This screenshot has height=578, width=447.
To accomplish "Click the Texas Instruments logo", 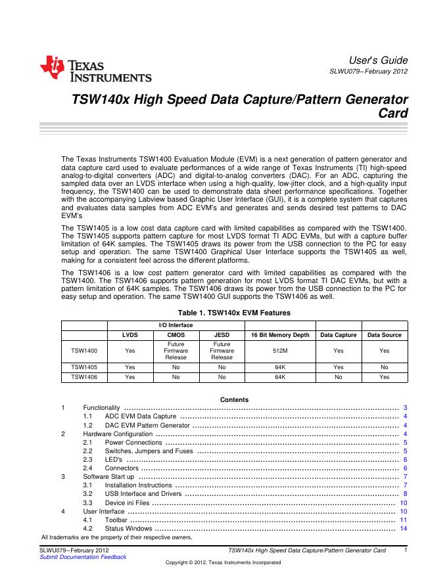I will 95,69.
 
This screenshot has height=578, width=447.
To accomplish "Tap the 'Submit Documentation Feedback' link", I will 83,557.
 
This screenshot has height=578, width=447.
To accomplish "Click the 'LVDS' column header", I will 130,335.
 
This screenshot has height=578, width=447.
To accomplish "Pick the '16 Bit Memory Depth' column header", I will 280,335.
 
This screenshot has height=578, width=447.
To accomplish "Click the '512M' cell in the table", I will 280,351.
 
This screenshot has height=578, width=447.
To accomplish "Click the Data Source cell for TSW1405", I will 385,367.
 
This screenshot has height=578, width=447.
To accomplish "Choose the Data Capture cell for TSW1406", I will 339,378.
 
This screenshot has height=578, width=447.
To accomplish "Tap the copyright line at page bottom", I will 223,563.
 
